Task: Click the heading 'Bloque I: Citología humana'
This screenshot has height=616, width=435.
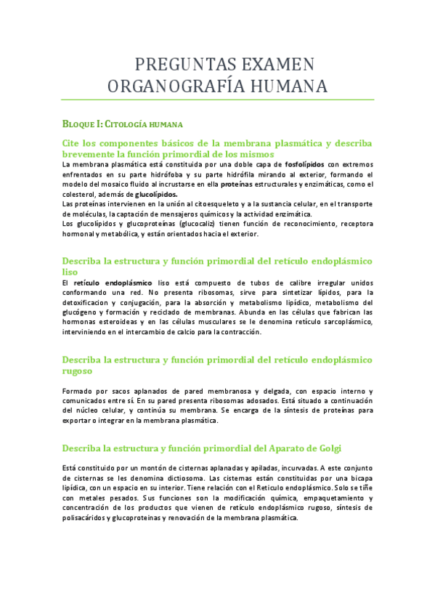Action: [121, 124]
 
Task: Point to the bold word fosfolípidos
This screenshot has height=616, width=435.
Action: [305, 165]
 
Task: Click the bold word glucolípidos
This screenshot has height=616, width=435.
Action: [156, 195]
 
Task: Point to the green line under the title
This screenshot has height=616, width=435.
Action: [218, 100]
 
